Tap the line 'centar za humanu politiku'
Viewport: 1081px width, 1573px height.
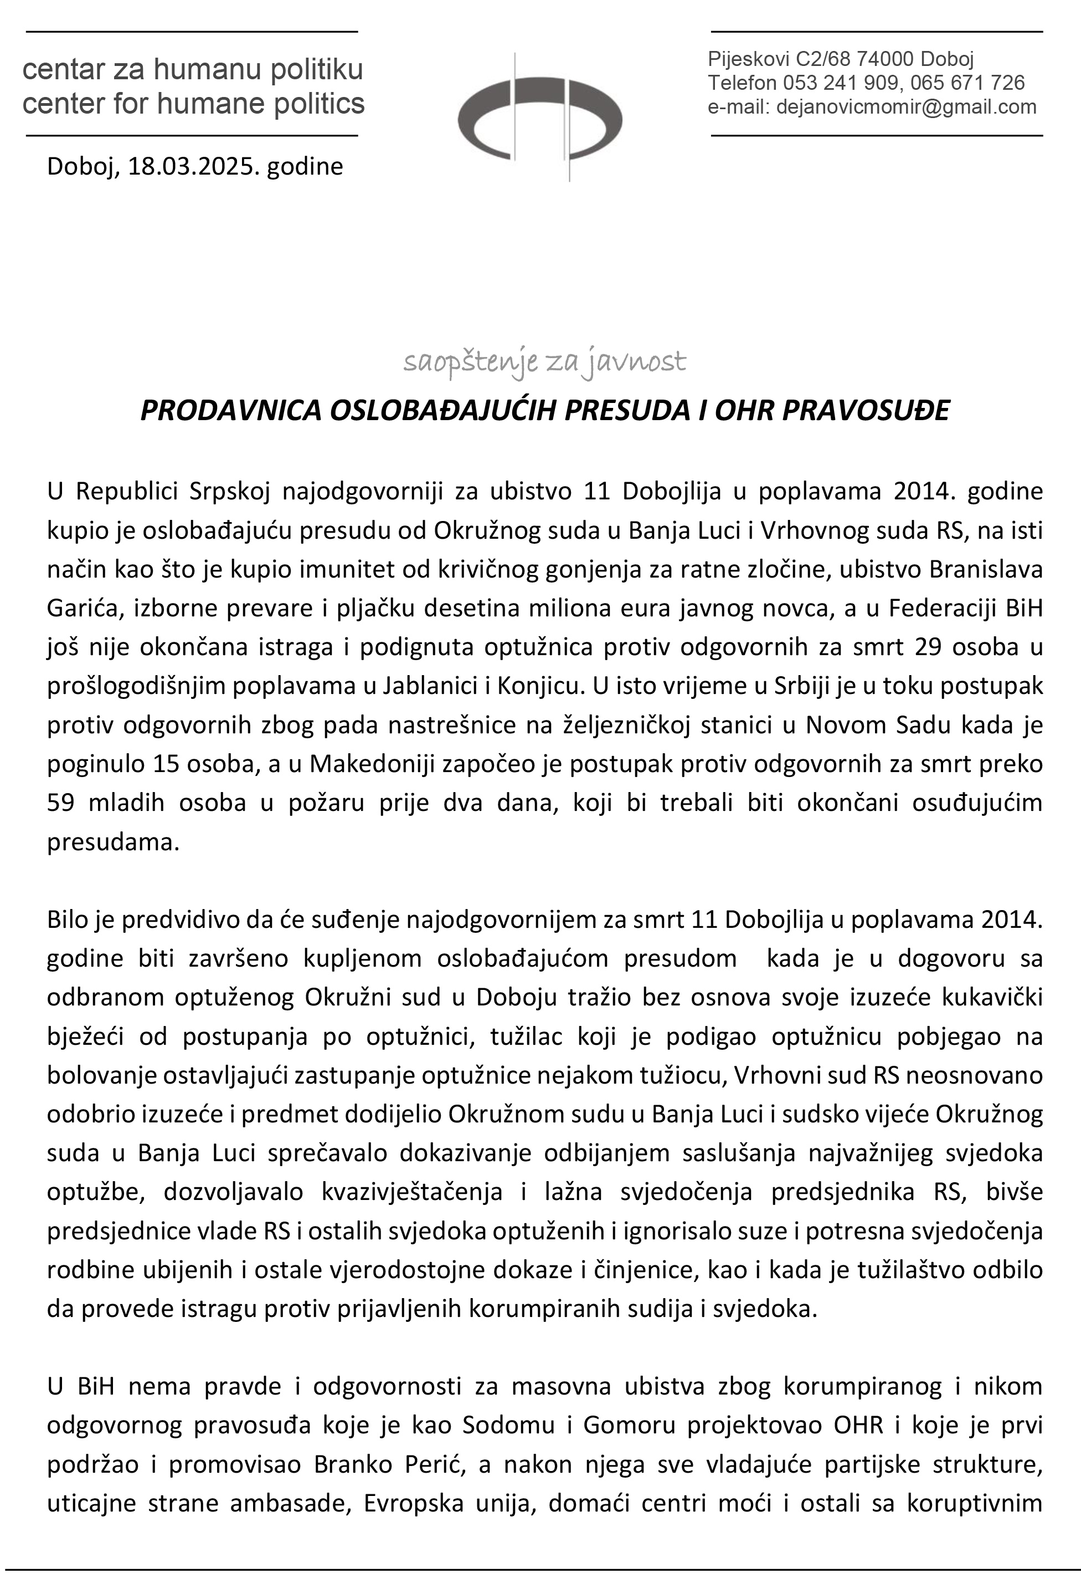193,70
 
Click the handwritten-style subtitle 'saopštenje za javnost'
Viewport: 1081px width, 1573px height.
544,363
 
